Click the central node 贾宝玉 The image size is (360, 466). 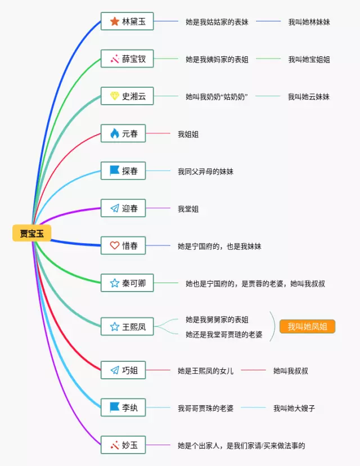pyautogui.click(x=31, y=233)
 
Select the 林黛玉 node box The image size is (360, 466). pyautogui.click(x=127, y=22)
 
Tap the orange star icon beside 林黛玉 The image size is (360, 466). pyautogui.click(x=115, y=21)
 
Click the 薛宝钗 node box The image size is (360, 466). pyautogui.click(x=127, y=59)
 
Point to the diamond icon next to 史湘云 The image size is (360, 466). pyautogui.click(x=115, y=96)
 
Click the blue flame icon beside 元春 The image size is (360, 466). pyautogui.click(x=115, y=133)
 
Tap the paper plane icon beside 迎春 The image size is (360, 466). pyautogui.click(x=115, y=208)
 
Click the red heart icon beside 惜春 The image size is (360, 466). pyautogui.click(x=115, y=245)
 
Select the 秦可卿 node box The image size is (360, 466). pyautogui.click(x=127, y=283)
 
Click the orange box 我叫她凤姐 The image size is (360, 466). pyautogui.click(x=307, y=327)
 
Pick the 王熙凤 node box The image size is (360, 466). pyautogui.click(x=127, y=326)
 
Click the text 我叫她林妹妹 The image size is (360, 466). pyautogui.click(x=309, y=22)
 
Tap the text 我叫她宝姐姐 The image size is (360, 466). pyautogui.click(x=309, y=59)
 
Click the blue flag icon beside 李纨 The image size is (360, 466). pyautogui.click(x=115, y=406)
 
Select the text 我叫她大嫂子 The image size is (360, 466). pyautogui.click(x=294, y=408)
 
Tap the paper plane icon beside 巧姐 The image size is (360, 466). pyautogui.click(x=115, y=370)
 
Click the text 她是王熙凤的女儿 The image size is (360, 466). pyautogui.click(x=205, y=371)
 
